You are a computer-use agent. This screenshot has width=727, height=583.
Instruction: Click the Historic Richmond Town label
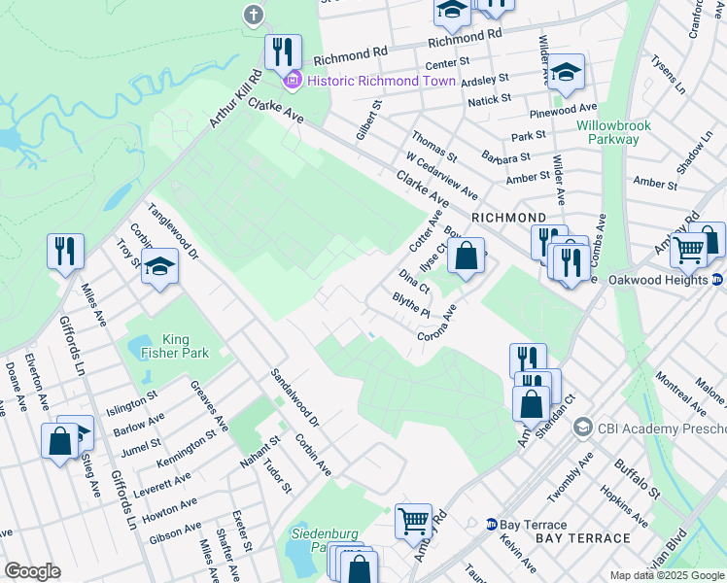[380, 80]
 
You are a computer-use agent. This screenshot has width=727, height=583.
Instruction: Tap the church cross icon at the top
[254, 15]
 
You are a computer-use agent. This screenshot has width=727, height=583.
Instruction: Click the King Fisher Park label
[162, 347]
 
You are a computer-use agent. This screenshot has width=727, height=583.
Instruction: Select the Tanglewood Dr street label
[173, 232]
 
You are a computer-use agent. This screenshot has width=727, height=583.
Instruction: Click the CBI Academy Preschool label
[661, 428]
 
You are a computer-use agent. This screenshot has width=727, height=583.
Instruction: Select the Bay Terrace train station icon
[492, 525]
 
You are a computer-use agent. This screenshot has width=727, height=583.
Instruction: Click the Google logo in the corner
[32, 571]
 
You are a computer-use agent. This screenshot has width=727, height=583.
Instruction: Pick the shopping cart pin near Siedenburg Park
[413, 522]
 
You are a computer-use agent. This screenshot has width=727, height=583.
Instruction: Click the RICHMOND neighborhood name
[507, 217]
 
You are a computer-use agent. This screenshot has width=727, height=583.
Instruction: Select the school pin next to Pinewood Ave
[565, 72]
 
